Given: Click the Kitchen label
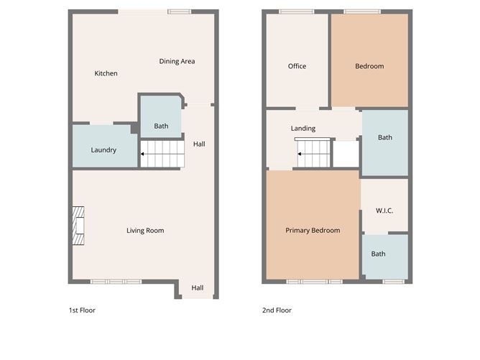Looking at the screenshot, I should point(106,73).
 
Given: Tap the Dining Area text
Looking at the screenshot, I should point(177,61).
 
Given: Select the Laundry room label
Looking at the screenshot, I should point(103,150).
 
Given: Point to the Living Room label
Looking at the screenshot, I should point(145,231).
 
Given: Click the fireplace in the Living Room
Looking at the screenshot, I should point(78,224).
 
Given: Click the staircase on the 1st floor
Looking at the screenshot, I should point(162,153).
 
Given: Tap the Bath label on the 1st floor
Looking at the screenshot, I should point(161,126).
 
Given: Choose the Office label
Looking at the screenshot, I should point(297,66).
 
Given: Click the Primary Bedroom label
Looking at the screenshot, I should point(313,231).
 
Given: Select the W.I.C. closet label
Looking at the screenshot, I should point(384,211).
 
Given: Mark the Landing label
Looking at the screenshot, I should point(303,129).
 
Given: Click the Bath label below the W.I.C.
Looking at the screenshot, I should point(378,254).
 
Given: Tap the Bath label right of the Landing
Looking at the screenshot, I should point(385,137).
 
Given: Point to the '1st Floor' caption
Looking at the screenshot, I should point(82,310).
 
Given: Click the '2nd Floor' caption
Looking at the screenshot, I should point(277,310).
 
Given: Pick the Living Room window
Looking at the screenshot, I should point(116,281).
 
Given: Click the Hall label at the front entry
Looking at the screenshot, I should point(197,288).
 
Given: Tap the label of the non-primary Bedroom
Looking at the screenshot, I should point(369,66).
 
